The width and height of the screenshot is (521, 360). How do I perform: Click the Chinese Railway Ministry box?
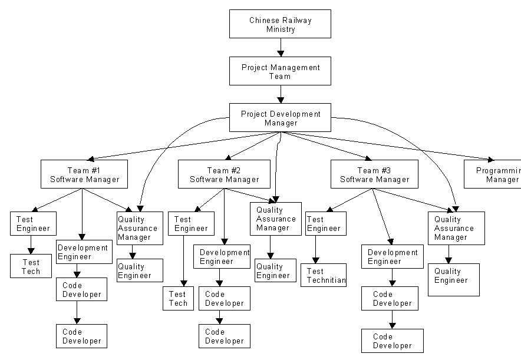coord(280,24)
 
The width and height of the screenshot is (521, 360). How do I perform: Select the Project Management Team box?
coord(280,71)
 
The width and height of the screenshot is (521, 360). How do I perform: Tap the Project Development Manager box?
coord(280,118)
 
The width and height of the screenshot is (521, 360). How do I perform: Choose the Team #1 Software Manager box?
coord(84,174)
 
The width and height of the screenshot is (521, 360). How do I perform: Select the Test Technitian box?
coord(324,275)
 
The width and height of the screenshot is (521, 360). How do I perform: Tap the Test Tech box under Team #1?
coord(31,266)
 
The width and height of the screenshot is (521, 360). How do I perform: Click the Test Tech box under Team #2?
coord(178,298)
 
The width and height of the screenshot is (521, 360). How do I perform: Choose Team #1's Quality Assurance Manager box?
coord(139,228)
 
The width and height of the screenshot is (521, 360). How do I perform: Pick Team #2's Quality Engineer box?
coord(273,270)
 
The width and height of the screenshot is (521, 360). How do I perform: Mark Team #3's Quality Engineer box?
coord(453,279)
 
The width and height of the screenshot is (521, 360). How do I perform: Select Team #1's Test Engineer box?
coord(33,223)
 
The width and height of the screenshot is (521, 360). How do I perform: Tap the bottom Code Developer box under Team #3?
coord(392,341)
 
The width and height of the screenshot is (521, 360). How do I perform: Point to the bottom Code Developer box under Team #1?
coord(81,336)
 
